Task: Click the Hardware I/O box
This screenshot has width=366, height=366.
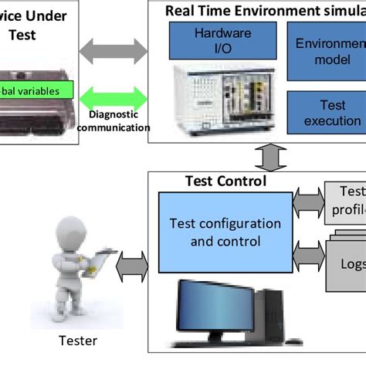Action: (212, 41)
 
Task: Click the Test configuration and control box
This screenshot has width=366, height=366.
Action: (224, 232)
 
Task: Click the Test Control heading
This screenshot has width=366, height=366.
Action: (226, 181)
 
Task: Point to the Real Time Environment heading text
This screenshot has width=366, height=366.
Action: (263, 9)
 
